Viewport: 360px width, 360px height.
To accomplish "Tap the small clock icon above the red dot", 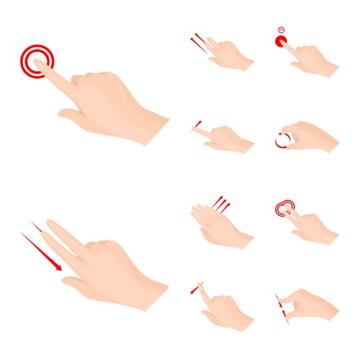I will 281,30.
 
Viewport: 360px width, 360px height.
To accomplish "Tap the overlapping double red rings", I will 285,209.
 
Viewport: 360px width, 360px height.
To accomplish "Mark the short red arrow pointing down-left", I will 195,289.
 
